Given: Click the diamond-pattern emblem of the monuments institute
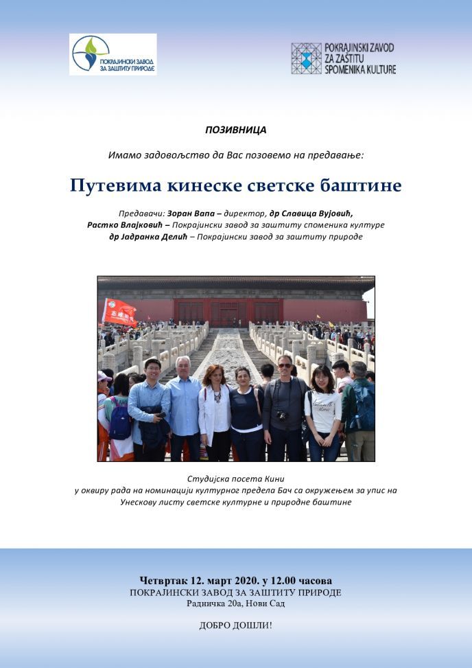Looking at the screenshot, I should coord(306,58).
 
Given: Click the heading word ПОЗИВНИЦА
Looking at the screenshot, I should coord(235,129).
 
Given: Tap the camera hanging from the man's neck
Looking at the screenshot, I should coord(281,415).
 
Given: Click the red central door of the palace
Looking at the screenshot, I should coord(224,313).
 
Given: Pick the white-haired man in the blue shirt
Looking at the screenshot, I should coord(185,405).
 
